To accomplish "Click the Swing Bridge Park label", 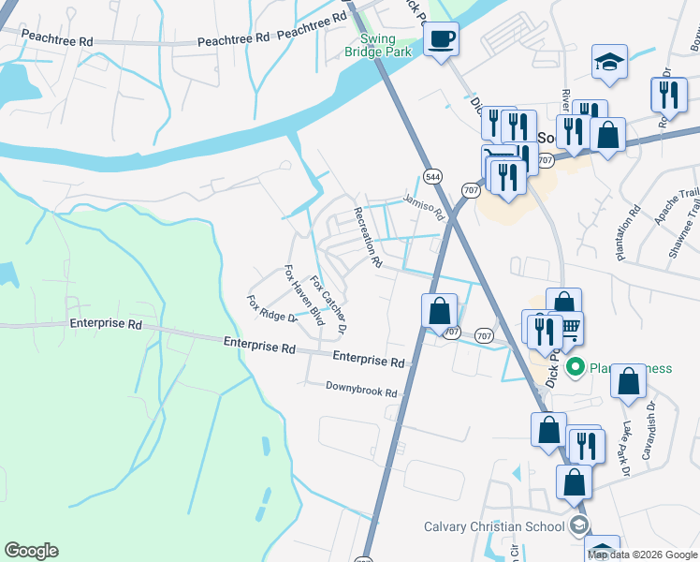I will tap(392, 46).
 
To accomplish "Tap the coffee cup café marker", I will tap(440, 39).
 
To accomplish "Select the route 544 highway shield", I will tap(431, 175).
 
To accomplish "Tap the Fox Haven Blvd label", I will tap(303, 295).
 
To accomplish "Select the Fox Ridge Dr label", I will tap(271, 309).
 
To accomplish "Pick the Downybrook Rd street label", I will tap(361, 389).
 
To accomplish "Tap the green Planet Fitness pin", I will tap(576, 366).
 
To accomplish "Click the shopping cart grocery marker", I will tap(569, 329).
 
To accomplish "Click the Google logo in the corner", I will tap(31, 551).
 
